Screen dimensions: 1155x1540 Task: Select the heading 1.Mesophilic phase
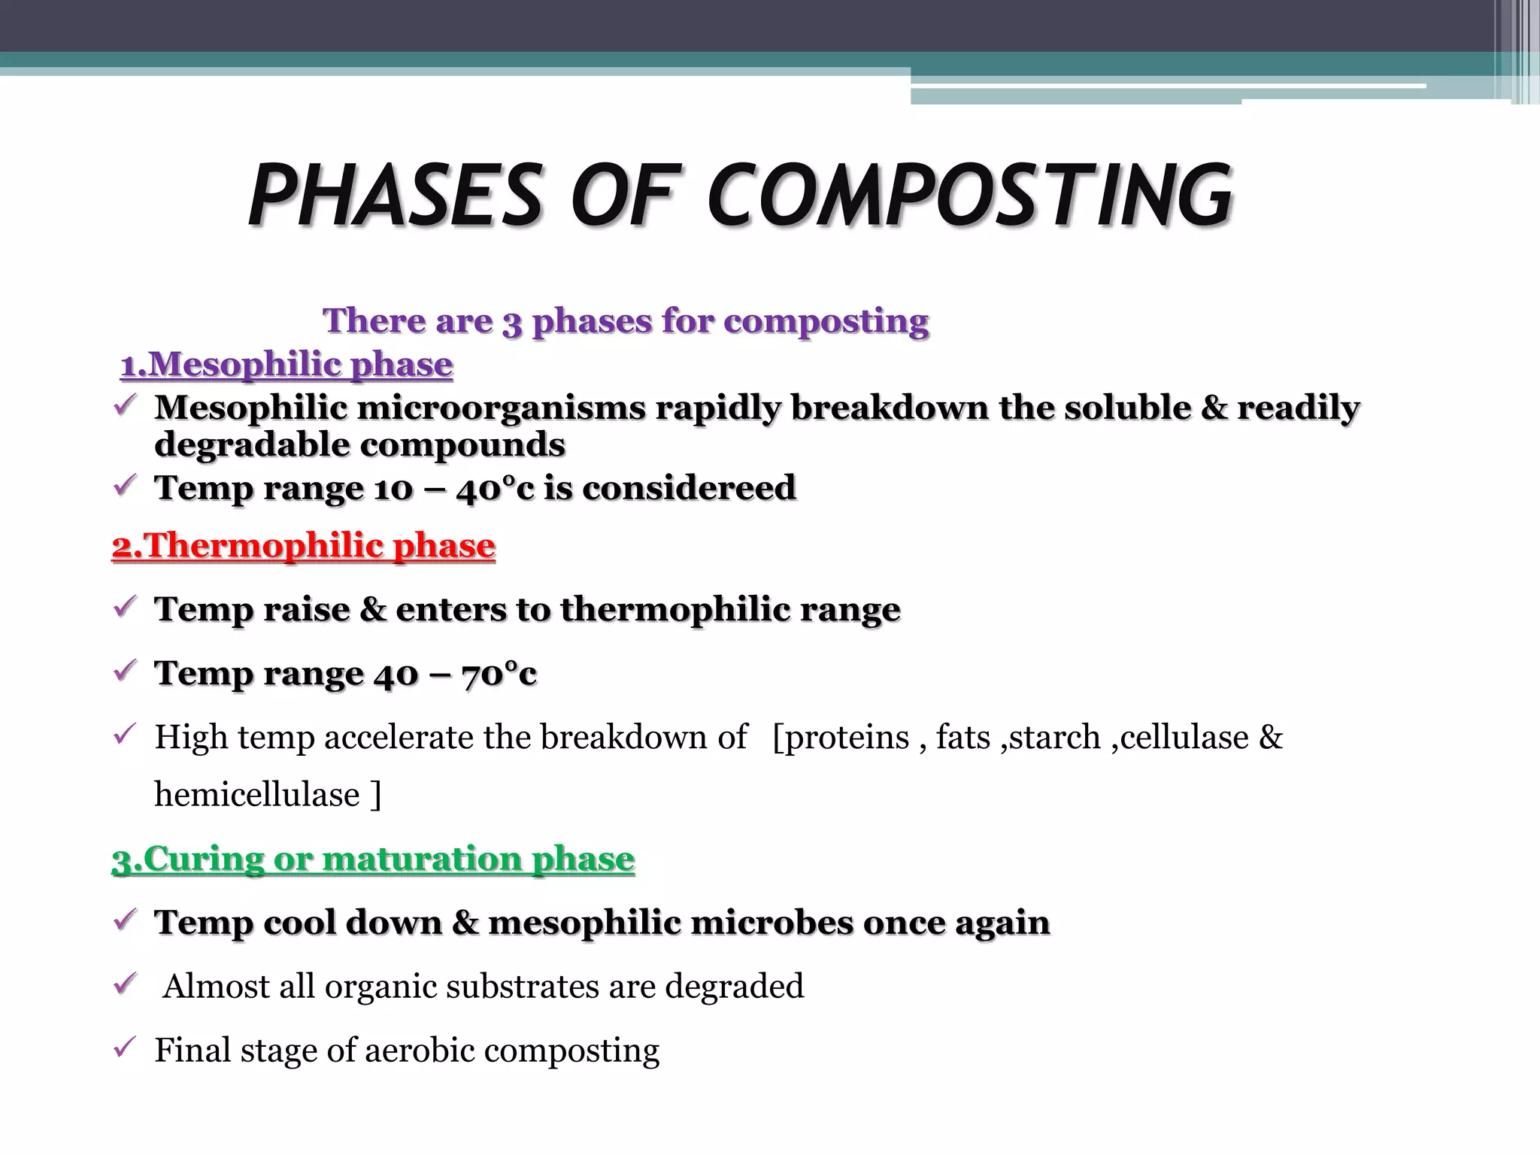coord(286,365)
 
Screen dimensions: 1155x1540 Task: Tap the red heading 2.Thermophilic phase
coord(303,546)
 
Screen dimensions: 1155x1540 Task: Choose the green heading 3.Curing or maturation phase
coord(373,859)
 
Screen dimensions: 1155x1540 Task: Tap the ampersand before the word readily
coord(1214,408)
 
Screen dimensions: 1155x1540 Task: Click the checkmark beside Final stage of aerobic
coord(124,1047)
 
